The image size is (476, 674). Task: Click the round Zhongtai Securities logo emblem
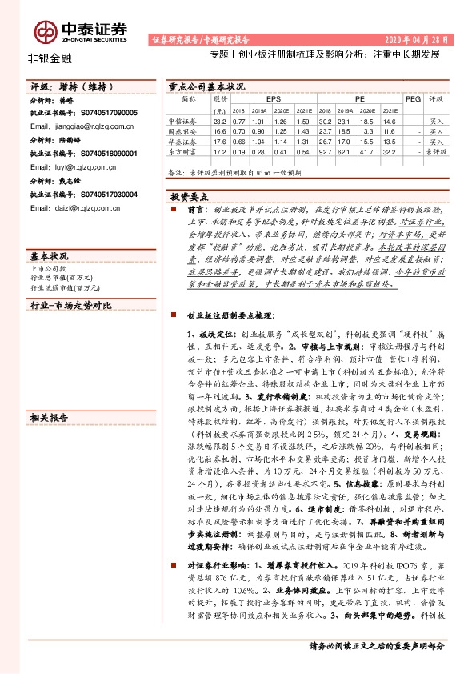(46, 31)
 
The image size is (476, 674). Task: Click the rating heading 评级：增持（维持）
(68, 86)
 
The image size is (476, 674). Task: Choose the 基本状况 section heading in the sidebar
(50, 256)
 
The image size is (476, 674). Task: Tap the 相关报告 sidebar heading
(50, 418)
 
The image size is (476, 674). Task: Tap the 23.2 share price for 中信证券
(220, 122)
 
